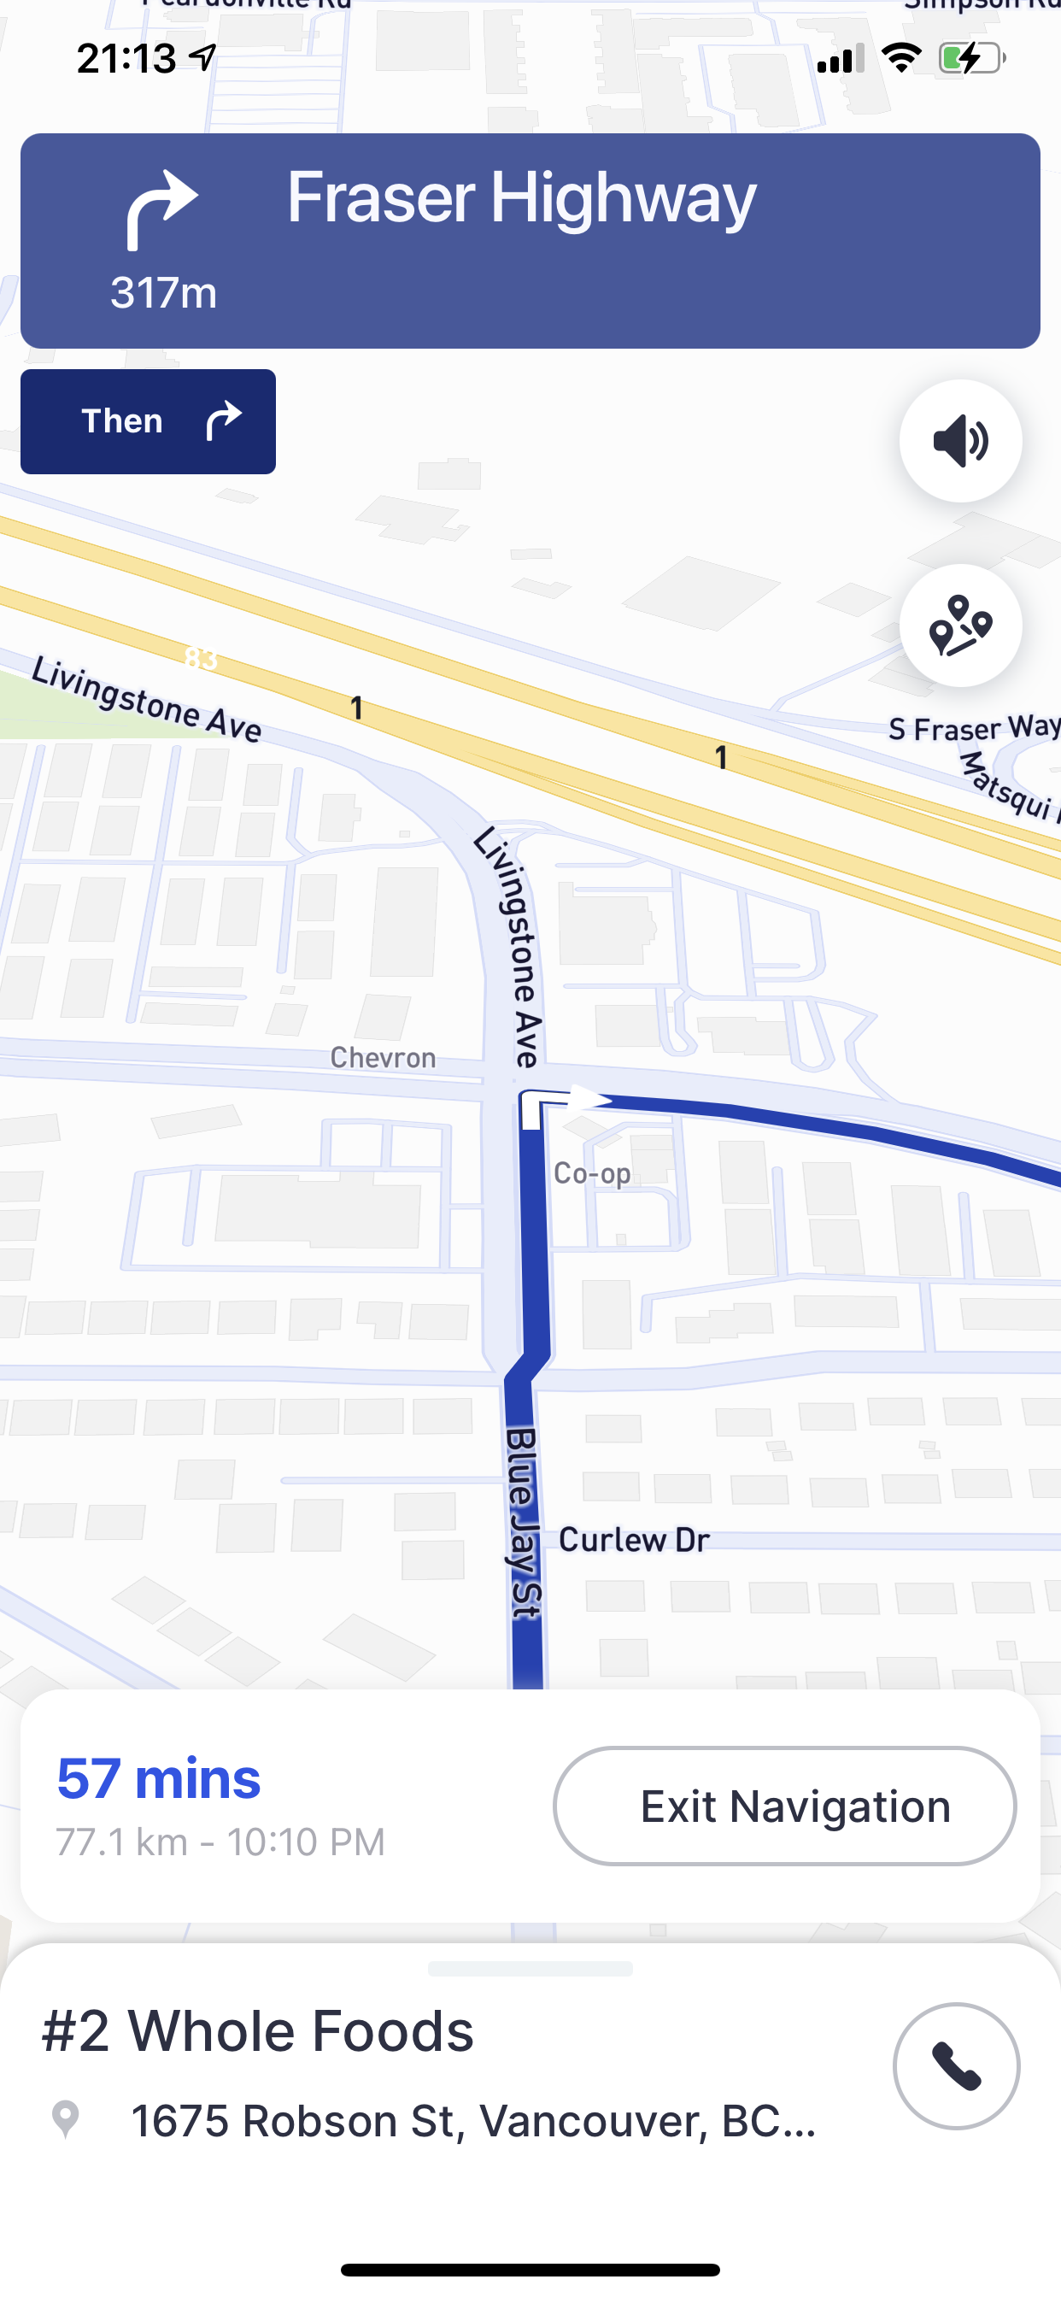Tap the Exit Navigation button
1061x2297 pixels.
click(x=784, y=1806)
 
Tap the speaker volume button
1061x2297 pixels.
click(x=960, y=440)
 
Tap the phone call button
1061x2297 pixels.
click(x=956, y=2066)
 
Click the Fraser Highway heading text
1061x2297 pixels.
click(x=522, y=198)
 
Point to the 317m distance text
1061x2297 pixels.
click(x=163, y=292)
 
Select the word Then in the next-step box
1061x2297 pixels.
click(x=122, y=421)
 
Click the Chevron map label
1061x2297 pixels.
click(x=383, y=1058)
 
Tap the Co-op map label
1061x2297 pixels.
click(x=592, y=1173)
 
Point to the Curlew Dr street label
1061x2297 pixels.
click(x=634, y=1540)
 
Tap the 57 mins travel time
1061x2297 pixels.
click(x=159, y=1778)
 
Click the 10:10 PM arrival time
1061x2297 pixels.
click(x=306, y=1842)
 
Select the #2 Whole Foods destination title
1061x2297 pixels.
click(x=258, y=2031)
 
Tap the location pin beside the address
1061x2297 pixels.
click(x=65, y=2118)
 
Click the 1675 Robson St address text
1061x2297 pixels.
click(x=472, y=2120)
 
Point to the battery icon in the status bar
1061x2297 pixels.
click(x=972, y=59)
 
